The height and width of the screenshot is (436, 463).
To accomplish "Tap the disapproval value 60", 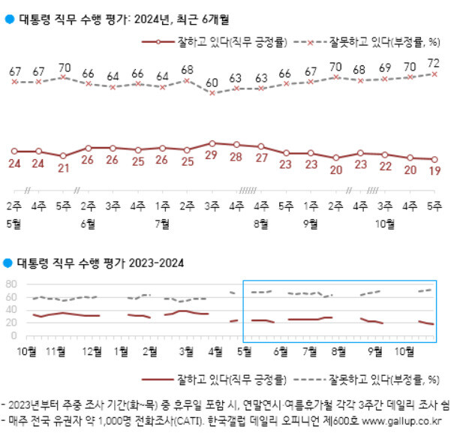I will pos(212,83).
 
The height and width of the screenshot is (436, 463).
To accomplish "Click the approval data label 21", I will pos(63,167).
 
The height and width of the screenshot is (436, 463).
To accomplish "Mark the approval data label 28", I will pos(237,156).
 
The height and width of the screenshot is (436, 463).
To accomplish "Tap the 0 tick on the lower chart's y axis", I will pos(14,335).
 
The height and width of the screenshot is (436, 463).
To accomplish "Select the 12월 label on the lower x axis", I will pos(92,350).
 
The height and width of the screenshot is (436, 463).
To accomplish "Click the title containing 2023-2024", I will pos(98,263).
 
